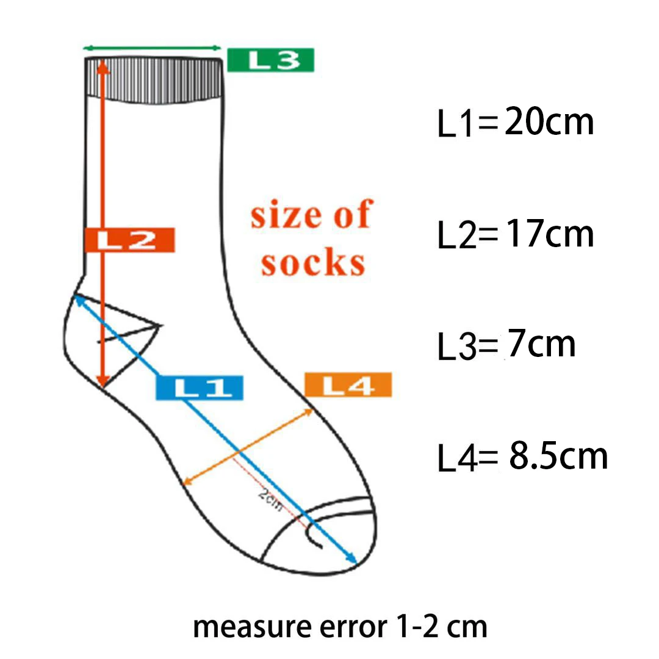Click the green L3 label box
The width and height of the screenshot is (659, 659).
pyautogui.click(x=270, y=60)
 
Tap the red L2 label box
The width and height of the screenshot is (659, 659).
pyautogui.click(x=129, y=240)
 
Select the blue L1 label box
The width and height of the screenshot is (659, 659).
pyautogui.click(x=200, y=387)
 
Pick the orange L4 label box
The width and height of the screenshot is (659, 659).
pyautogui.click(x=347, y=385)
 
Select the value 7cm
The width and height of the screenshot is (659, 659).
pyautogui.click(x=541, y=344)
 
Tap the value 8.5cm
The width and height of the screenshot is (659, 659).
pyautogui.click(x=558, y=456)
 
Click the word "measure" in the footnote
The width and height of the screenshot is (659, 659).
pyautogui.click(x=239, y=626)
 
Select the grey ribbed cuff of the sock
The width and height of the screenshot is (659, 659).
pyautogui.click(x=153, y=78)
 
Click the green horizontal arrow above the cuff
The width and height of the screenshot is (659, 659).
pyautogui.click(x=152, y=48)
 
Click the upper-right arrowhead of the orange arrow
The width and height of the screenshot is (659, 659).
pyautogui.click(x=309, y=411)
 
